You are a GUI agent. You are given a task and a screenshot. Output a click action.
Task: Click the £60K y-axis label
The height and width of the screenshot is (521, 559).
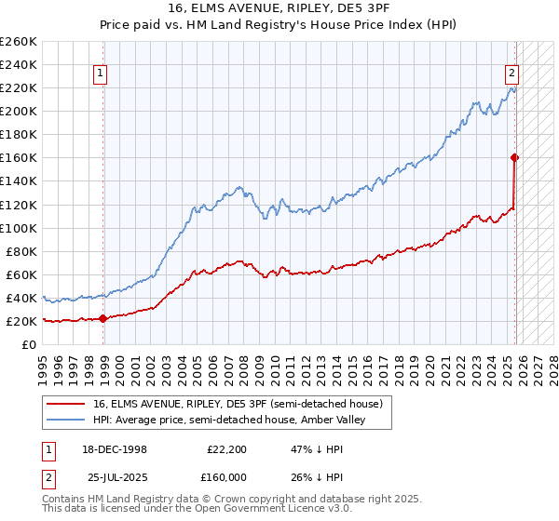(20, 274)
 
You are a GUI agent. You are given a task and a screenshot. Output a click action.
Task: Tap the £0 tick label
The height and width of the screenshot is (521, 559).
(28, 344)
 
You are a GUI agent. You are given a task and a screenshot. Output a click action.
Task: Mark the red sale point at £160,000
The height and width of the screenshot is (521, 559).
(514, 157)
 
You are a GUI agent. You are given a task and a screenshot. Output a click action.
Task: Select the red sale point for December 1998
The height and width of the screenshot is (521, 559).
(102, 318)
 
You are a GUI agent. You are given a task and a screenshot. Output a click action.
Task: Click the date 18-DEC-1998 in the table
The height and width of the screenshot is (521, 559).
(114, 448)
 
